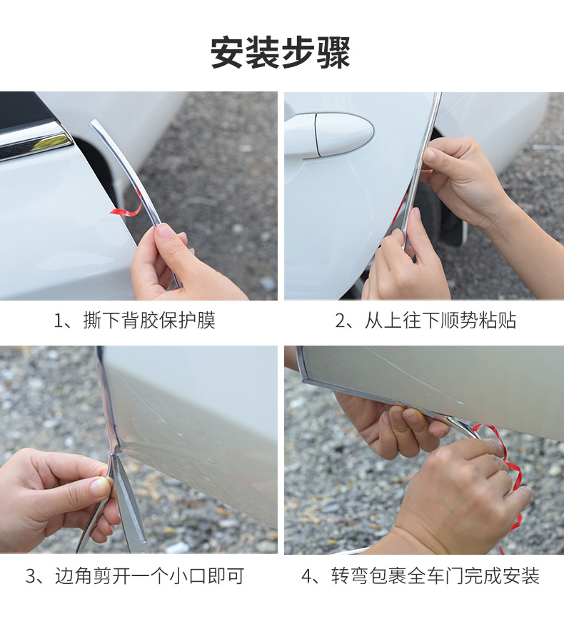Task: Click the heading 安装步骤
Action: pyautogui.click(x=281, y=53)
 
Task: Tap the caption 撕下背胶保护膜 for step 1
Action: pyautogui.click(x=149, y=321)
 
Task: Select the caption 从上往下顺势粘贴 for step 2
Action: pyautogui.click(x=440, y=321)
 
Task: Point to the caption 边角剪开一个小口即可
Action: pyautogui.click(x=149, y=576)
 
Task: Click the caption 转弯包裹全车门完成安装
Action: pyautogui.click(x=435, y=576)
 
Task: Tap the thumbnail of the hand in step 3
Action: pyautogui.click(x=101, y=485)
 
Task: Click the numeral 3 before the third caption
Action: pyautogui.click(x=31, y=576)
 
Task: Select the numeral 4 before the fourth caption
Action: pyautogui.click(x=307, y=576)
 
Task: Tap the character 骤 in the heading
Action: pyautogui.click(x=333, y=53)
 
